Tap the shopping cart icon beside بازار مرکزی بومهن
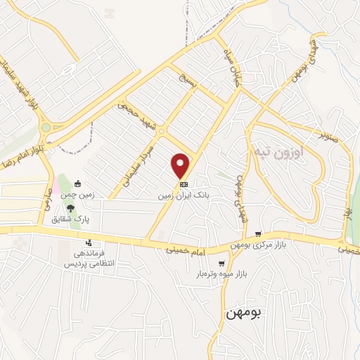click(x=259, y=233)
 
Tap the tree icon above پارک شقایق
click(x=70, y=207)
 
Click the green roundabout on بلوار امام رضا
click(x=46, y=128)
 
